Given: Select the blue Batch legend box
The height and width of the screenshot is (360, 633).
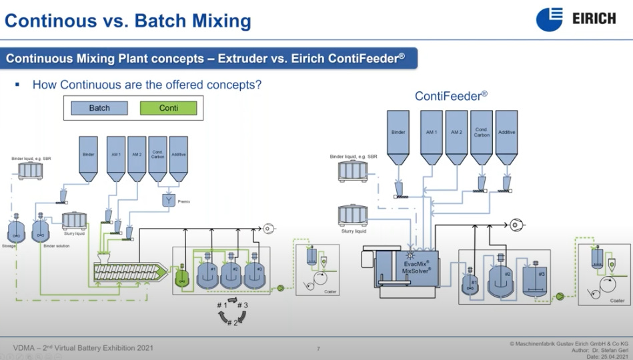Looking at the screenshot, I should (x=99, y=108).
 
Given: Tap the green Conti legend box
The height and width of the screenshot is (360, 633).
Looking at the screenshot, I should (x=169, y=108).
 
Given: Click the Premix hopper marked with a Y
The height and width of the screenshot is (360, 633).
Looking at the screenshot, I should (x=169, y=199).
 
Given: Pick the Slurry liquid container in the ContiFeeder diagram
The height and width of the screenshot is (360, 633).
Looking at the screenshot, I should (x=354, y=215).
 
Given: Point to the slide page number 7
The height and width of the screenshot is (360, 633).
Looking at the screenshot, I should (x=318, y=349).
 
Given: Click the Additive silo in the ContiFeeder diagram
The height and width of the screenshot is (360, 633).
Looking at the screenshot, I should (x=507, y=137).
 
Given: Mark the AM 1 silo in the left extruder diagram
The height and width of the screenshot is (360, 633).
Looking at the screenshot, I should (x=116, y=159).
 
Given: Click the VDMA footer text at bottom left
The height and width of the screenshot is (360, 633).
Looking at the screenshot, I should (x=83, y=347).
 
